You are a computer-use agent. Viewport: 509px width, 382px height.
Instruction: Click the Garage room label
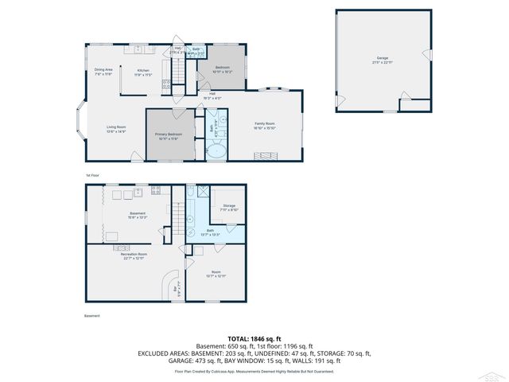click(383, 60)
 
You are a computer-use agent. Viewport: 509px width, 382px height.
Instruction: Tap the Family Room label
click(265, 125)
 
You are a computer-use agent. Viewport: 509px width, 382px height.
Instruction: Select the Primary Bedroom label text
click(169, 135)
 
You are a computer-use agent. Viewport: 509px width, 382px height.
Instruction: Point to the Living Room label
click(117, 129)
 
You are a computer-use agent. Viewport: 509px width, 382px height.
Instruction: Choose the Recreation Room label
click(133, 255)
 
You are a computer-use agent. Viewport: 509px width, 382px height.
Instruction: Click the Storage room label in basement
click(230, 208)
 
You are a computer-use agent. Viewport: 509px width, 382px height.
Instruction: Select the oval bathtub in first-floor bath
click(216, 150)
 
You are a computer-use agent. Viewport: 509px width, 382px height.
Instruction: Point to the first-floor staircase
click(180, 75)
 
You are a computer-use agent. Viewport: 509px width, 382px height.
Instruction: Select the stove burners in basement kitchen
click(156, 190)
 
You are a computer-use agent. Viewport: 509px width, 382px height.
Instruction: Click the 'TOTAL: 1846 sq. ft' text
click(254, 338)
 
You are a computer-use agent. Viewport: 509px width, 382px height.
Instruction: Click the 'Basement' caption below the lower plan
click(92, 316)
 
